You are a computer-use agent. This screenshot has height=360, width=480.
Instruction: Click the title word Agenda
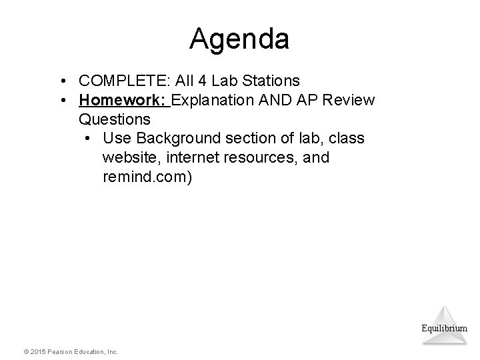239,39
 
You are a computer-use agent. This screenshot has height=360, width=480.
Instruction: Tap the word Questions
114,120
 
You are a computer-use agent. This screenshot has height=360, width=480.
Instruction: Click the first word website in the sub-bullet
129,159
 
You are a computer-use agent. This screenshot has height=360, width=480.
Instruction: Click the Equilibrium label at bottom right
444,328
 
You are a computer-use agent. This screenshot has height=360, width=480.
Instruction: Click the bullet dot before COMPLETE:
61,81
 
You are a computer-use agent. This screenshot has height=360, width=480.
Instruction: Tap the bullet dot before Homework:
61,101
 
